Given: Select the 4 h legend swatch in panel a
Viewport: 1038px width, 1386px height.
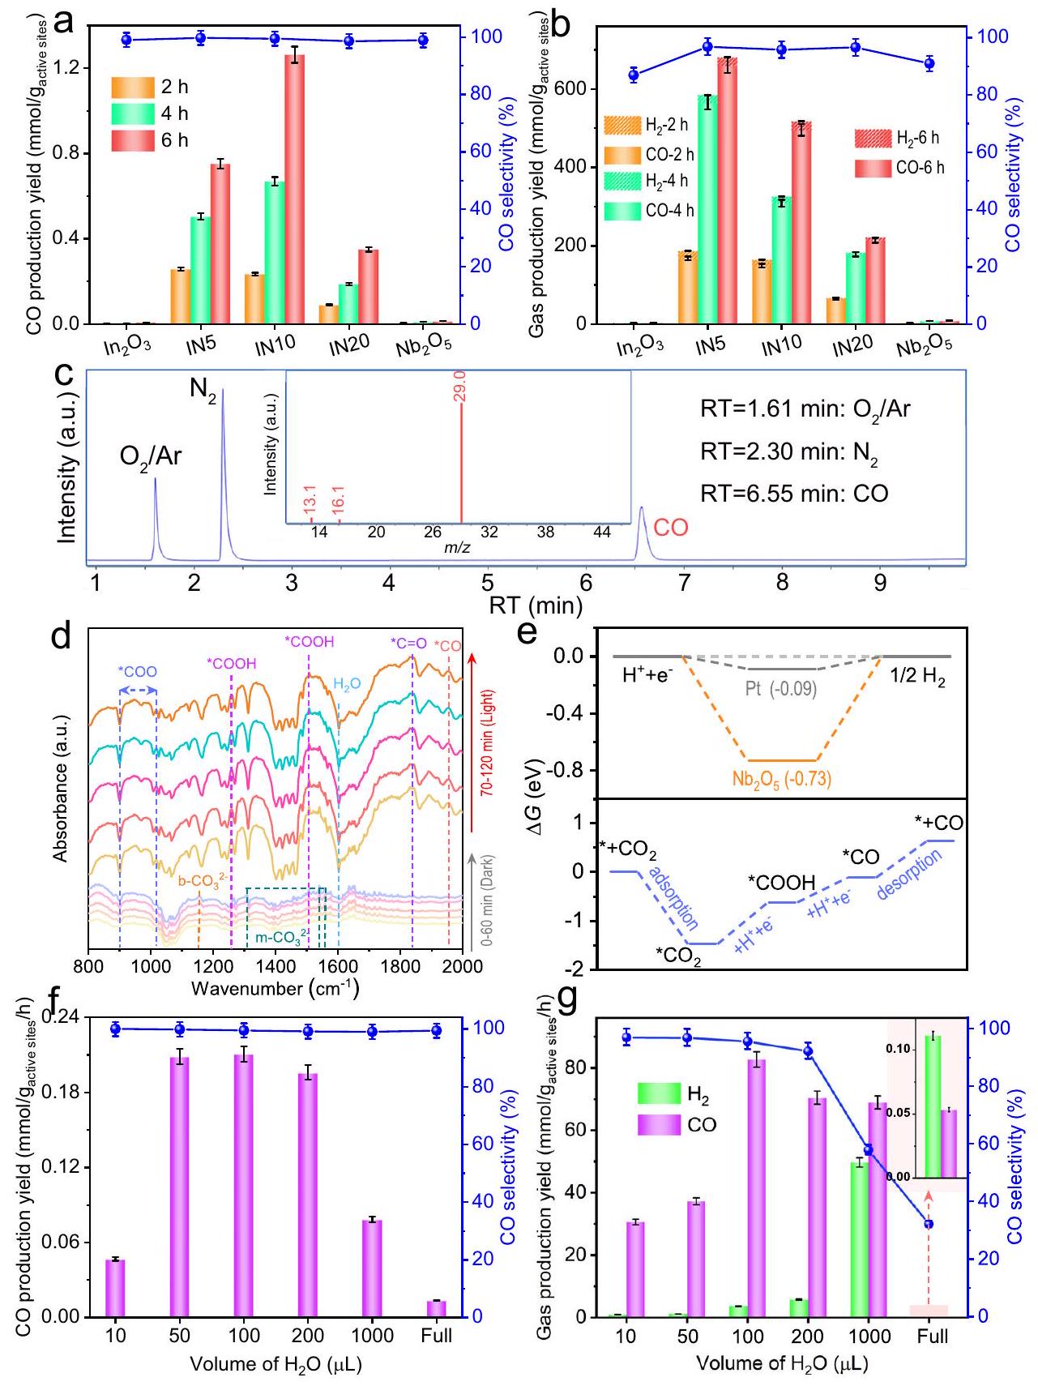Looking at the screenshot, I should point(133,113).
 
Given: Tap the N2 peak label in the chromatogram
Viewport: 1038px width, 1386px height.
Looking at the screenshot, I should point(204,388).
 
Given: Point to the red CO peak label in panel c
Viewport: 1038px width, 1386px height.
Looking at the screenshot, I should point(670,528).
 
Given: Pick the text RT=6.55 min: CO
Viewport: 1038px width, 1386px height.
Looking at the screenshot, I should point(794,493).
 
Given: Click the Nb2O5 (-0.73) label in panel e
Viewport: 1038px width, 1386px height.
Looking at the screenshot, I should point(781,780).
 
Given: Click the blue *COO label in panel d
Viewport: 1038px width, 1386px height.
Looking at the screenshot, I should point(138,672).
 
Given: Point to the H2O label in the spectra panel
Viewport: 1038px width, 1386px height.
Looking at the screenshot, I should point(347,685).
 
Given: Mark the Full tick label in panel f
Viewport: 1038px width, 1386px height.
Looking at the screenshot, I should point(437,1335).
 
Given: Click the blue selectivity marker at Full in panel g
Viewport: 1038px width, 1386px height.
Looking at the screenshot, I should point(929,1224).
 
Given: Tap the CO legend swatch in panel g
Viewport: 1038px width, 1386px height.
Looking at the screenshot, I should point(659,1124).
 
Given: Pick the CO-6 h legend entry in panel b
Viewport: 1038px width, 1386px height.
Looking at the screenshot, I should point(899,169).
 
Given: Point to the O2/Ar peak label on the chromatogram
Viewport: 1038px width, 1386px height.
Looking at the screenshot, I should point(151,456).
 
